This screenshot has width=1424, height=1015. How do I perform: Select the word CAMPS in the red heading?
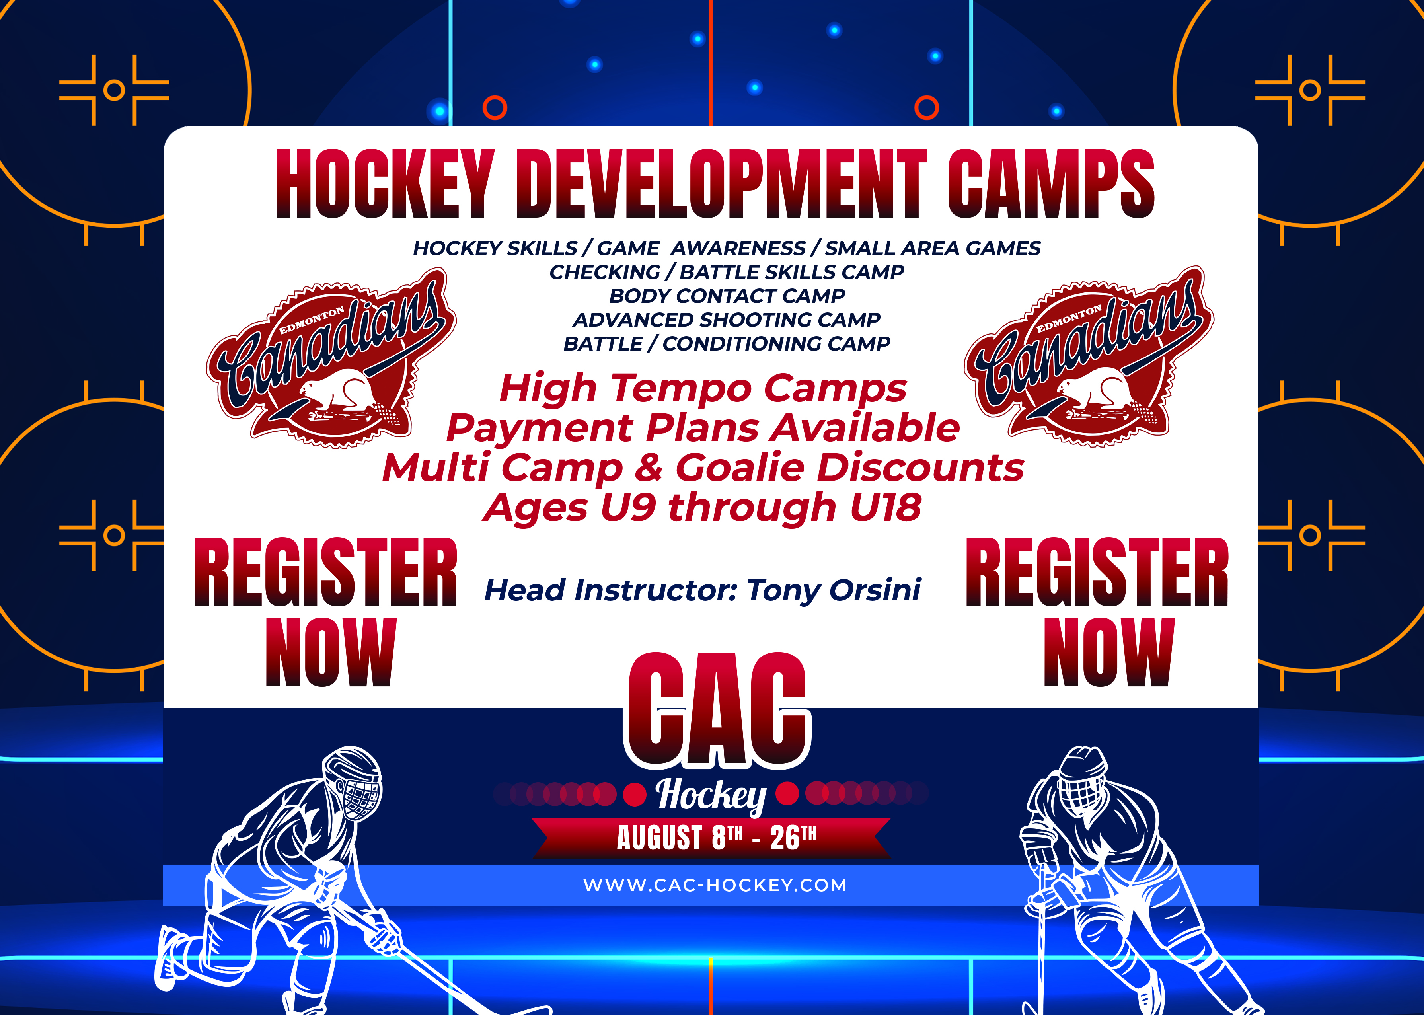1051,184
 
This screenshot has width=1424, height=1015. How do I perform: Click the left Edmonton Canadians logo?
331,358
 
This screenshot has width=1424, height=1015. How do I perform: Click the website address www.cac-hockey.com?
715,885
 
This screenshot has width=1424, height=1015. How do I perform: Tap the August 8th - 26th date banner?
711,838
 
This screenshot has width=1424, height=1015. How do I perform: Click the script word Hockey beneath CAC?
711,796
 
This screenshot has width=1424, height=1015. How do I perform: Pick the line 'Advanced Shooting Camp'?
727,320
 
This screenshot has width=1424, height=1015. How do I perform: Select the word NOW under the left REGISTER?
331,652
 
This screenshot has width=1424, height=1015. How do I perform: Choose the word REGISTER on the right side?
1097,571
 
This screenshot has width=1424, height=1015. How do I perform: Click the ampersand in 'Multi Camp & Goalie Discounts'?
649,468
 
